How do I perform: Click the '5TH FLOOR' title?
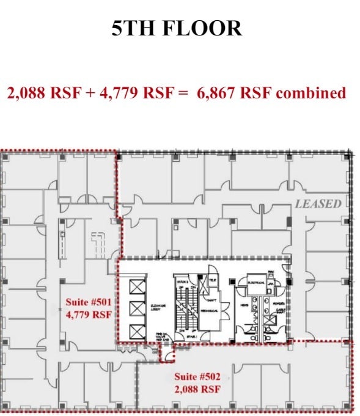click(177, 28)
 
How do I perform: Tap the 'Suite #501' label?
click(88, 302)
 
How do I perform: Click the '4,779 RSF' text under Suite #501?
click(88, 315)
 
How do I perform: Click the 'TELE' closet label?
click(212, 280)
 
